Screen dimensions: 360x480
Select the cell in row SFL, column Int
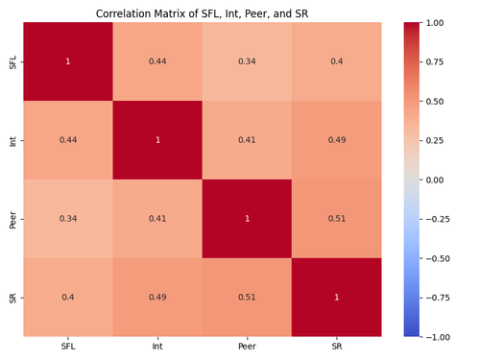click(x=157, y=61)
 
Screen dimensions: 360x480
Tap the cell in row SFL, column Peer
click(x=247, y=61)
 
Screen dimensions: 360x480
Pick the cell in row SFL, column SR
click(x=336, y=61)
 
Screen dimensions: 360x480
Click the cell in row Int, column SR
click(x=336, y=140)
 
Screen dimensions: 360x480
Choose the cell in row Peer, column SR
click(x=336, y=219)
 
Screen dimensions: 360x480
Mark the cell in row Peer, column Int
click(x=157, y=219)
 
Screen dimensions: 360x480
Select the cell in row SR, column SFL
click(x=68, y=298)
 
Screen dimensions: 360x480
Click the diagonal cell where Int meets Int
click(x=157, y=140)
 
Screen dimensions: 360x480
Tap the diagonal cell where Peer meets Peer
click(x=247, y=219)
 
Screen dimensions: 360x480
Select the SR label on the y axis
click(x=11, y=298)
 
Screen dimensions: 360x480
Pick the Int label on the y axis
click(x=11, y=140)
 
